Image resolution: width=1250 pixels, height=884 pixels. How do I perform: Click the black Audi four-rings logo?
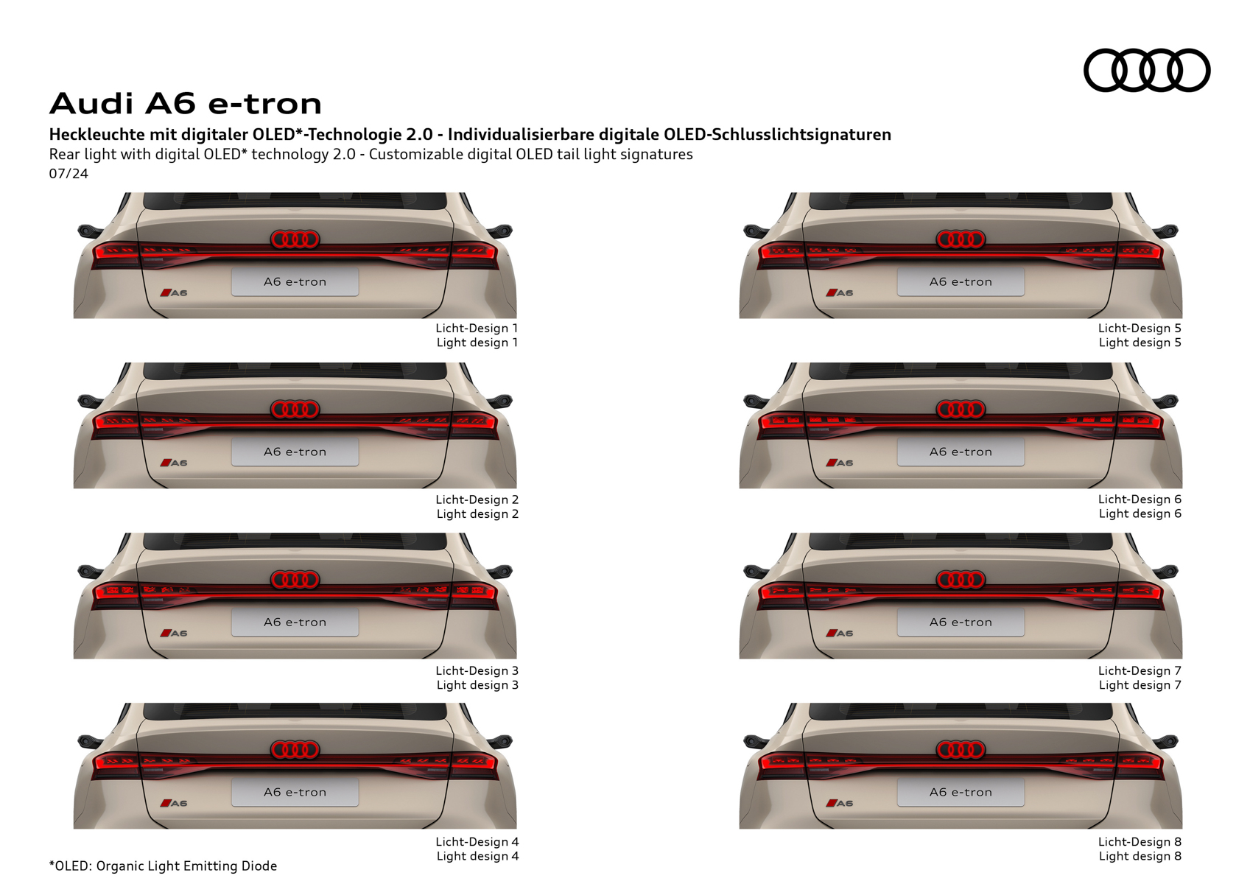tap(1147, 70)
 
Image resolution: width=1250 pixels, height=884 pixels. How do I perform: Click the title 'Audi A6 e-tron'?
tap(186, 103)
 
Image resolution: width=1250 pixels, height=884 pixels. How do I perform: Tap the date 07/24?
tap(69, 174)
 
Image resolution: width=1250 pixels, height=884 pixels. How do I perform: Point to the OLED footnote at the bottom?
tap(163, 866)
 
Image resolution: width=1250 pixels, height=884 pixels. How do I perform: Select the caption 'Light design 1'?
tap(477, 342)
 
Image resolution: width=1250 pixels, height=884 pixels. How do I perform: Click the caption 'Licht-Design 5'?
tap(1140, 328)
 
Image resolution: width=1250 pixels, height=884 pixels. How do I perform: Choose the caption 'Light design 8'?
tap(1140, 855)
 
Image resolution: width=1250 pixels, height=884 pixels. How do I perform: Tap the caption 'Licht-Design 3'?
tap(477, 670)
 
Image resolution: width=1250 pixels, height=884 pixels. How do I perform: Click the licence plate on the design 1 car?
tap(295, 281)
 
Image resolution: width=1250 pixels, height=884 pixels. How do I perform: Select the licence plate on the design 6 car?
tap(961, 452)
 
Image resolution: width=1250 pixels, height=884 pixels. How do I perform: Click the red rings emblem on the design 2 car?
tap(295, 410)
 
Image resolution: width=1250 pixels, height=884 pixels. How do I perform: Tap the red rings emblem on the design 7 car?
tap(961, 580)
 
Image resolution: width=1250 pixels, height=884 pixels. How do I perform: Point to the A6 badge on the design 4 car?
tap(174, 803)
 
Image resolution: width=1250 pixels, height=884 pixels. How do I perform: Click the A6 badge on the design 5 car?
tap(840, 292)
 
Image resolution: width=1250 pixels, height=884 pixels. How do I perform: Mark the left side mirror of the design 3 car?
tap(90, 571)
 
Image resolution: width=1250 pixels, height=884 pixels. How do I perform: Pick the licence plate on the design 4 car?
tap(295, 792)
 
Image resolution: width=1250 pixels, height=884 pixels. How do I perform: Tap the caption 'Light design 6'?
tap(1140, 513)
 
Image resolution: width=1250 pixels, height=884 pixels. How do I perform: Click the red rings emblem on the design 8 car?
tap(961, 749)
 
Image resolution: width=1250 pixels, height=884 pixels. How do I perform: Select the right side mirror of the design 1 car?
tap(500, 231)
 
